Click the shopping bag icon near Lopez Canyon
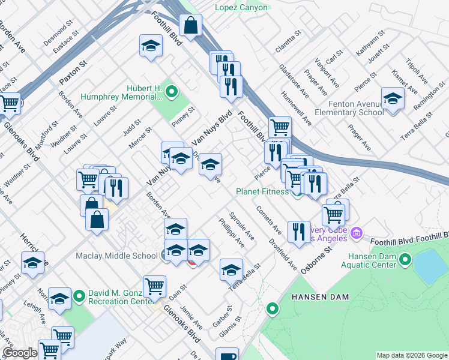(190, 26)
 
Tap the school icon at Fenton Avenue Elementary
(392, 98)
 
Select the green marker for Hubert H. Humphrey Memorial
(172, 92)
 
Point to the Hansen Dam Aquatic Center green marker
(405, 260)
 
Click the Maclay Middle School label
(116, 256)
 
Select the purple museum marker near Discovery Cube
(356, 232)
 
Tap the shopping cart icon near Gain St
(155, 287)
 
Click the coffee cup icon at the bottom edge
(227, 356)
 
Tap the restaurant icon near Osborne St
(299, 232)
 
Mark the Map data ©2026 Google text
(412, 355)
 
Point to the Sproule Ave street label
(241, 226)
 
